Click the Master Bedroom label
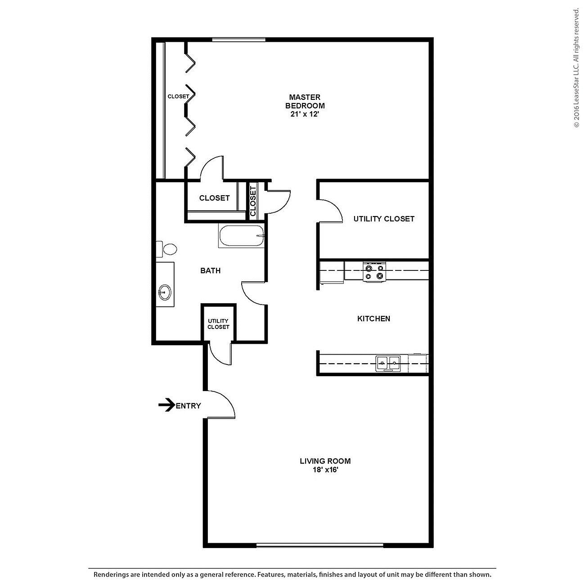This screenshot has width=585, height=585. [305, 101]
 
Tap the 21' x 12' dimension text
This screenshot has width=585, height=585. [305, 114]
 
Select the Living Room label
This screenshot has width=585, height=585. [325, 461]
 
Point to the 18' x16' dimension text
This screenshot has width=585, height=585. [325, 470]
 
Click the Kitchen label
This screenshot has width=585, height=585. [373, 319]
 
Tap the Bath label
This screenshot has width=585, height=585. [210, 270]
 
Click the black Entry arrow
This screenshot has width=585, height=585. [166, 405]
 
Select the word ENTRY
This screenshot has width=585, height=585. [188, 406]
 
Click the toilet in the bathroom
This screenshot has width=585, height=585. [167, 249]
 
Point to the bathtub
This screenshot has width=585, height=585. [241, 236]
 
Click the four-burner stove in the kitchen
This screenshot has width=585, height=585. [374, 272]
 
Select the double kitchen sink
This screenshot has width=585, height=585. [388, 362]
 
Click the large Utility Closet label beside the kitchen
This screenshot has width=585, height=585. [383, 219]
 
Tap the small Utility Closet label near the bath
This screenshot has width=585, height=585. [218, 324]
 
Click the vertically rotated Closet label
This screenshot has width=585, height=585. [253, 201]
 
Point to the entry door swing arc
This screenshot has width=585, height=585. [225, 400]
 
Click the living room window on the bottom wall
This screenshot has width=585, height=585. [319, 545]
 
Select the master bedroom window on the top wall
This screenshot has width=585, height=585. [238, 40]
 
